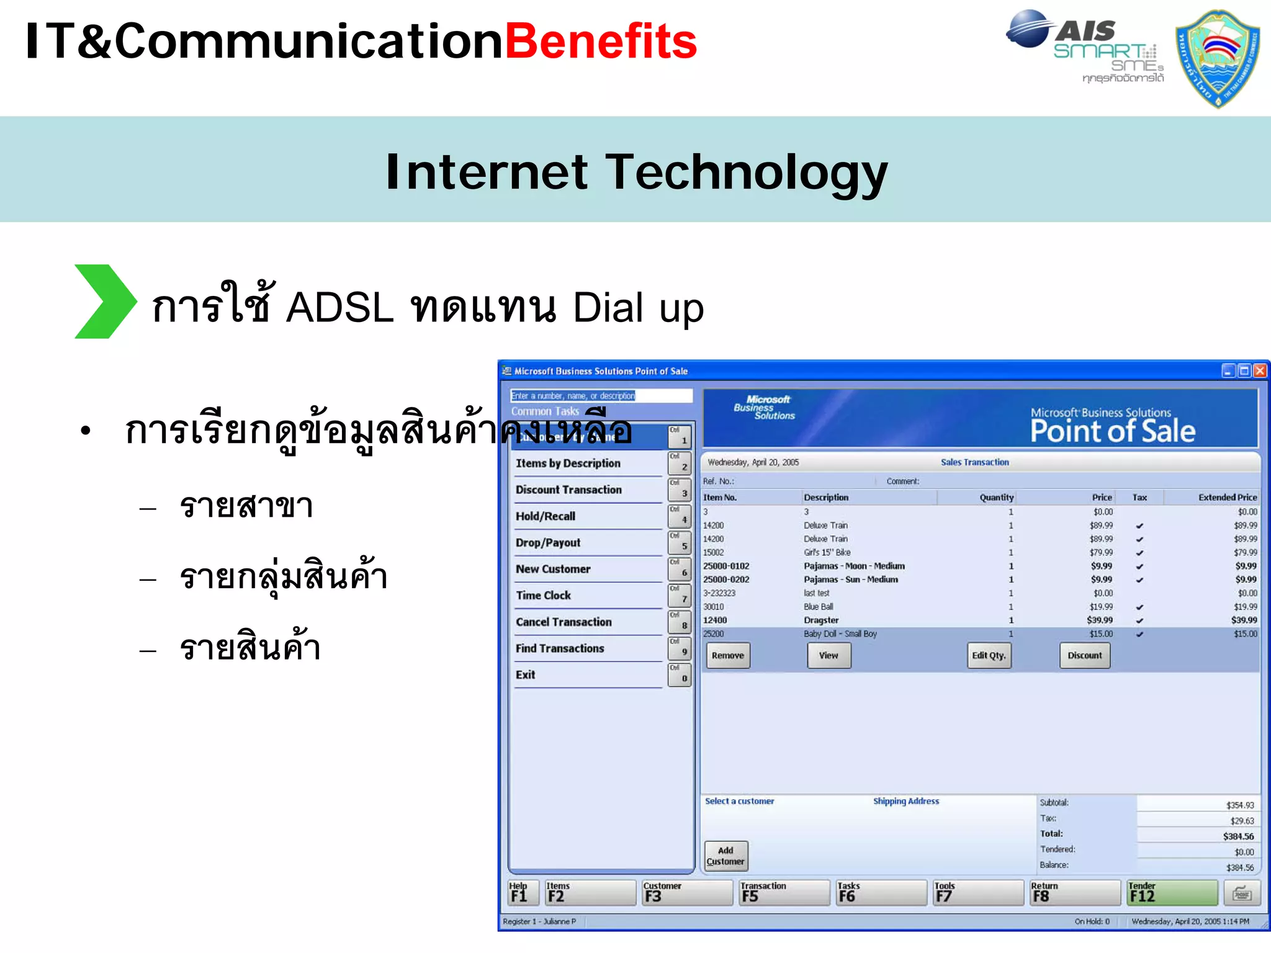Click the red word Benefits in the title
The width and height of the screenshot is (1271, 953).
coord(601,42)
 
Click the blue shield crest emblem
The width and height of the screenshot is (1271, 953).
coord(1218,58)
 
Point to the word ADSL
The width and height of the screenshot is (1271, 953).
coord(339,308)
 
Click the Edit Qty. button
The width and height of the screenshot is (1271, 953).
coord(989,655)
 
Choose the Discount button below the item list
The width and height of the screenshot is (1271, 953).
coord(1084,655)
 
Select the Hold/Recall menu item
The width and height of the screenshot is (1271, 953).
coord(546,516)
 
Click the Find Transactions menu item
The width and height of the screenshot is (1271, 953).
coord(559,648)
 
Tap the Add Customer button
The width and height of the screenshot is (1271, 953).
coord(725,856)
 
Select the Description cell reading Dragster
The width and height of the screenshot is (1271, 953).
coord(821,620)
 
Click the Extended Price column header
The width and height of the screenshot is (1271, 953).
coord(1226,498)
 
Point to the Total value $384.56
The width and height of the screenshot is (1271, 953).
coord(1237,836)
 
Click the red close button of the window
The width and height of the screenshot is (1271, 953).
coord(1259,371)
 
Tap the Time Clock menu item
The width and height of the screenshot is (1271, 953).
coord(543,596)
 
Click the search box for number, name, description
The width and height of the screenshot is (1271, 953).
coord(600,396)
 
